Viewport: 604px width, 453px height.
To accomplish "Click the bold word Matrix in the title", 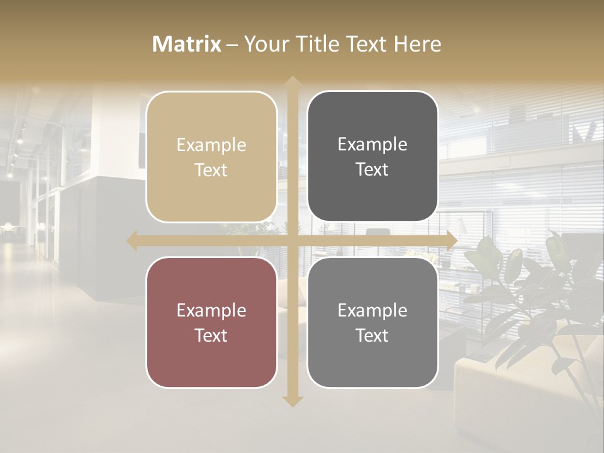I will point(187,44).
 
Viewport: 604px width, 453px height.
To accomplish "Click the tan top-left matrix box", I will point(211,157).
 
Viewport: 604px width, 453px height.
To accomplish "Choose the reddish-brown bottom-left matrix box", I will point(211,322).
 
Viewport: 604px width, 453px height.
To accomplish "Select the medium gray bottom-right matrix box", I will point(372,322).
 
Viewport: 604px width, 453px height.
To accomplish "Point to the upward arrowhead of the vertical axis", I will point(292,82).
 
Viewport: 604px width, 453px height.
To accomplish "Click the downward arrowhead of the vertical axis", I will point(292,401).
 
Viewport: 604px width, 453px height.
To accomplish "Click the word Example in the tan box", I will point(211,145).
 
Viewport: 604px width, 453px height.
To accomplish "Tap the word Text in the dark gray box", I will point(372,169).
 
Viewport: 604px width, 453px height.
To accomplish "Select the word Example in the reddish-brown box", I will point(211,311).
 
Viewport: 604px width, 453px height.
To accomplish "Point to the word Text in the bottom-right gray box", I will point(372,335).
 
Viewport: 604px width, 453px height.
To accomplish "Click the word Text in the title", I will point(365,44).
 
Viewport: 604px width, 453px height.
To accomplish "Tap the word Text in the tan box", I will point(211,170).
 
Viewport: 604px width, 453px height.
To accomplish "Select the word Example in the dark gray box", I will point(372,145).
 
